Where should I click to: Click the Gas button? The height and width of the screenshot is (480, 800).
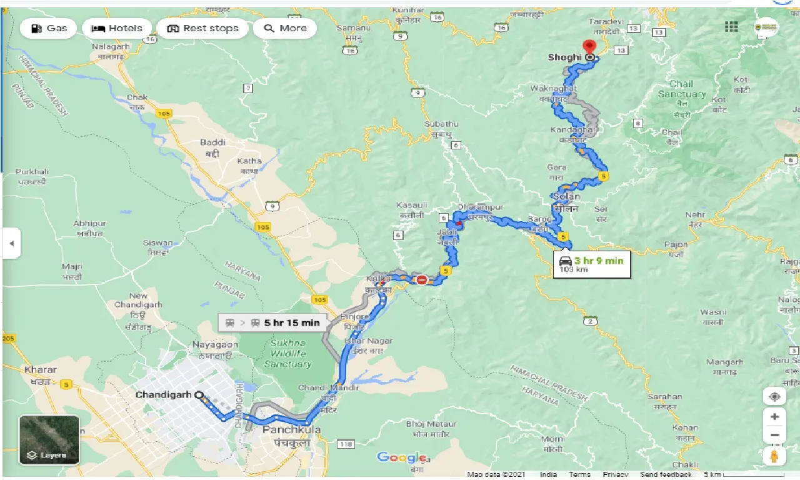click(x=48, y=28)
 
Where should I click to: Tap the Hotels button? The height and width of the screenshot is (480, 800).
click(x=117, y=28)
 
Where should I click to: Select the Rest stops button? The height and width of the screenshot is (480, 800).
click(x=202, y=28)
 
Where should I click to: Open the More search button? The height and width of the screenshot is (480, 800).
click(x=285, y=28)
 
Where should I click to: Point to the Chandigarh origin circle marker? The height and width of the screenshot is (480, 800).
click(x=199, y=395)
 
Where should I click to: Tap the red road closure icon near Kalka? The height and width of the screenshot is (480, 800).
click(x=422, y=280)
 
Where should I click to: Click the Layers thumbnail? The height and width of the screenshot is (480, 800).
click(x=49, y=440)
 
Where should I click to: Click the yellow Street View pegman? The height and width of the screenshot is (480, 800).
click(x=774, y=456)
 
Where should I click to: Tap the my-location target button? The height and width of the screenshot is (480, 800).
click(x=774, y=397)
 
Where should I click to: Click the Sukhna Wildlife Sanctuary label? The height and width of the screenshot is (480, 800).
click(x=287, y=353)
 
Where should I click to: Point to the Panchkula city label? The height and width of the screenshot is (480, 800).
click(x=291, y=431)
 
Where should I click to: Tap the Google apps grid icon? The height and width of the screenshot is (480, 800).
click(x=731, y=26)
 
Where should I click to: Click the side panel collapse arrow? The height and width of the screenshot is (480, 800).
click(x=11, y=243)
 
